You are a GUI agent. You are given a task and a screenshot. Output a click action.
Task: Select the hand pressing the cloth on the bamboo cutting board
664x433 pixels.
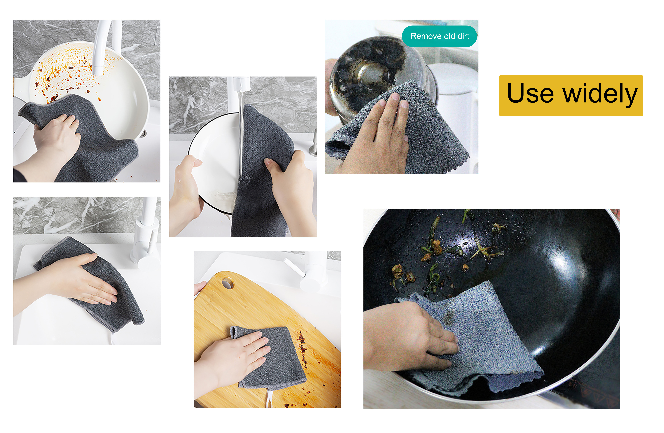237,355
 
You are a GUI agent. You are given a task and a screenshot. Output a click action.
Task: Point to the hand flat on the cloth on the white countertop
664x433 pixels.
84,282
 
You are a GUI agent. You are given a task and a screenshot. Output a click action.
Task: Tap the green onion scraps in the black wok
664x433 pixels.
435,246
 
